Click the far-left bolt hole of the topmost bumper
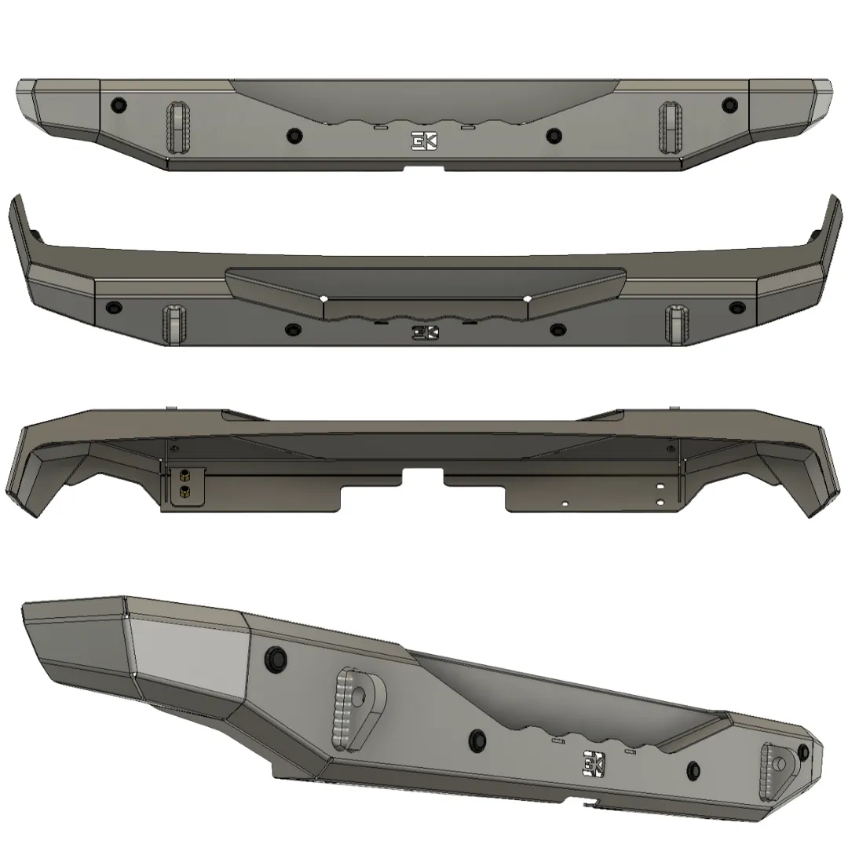click(x=119, y=104)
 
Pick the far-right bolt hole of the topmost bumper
click(x=729, y=104)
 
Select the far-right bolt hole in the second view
click(x=735, y=306)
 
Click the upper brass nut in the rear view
click(x=183, y=474)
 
